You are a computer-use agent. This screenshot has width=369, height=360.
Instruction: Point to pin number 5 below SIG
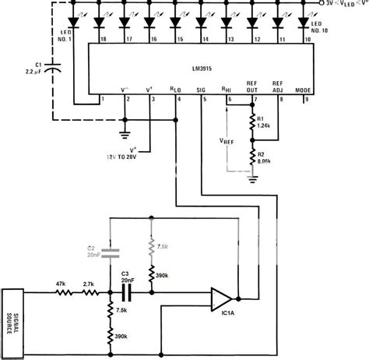coord(204,99)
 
